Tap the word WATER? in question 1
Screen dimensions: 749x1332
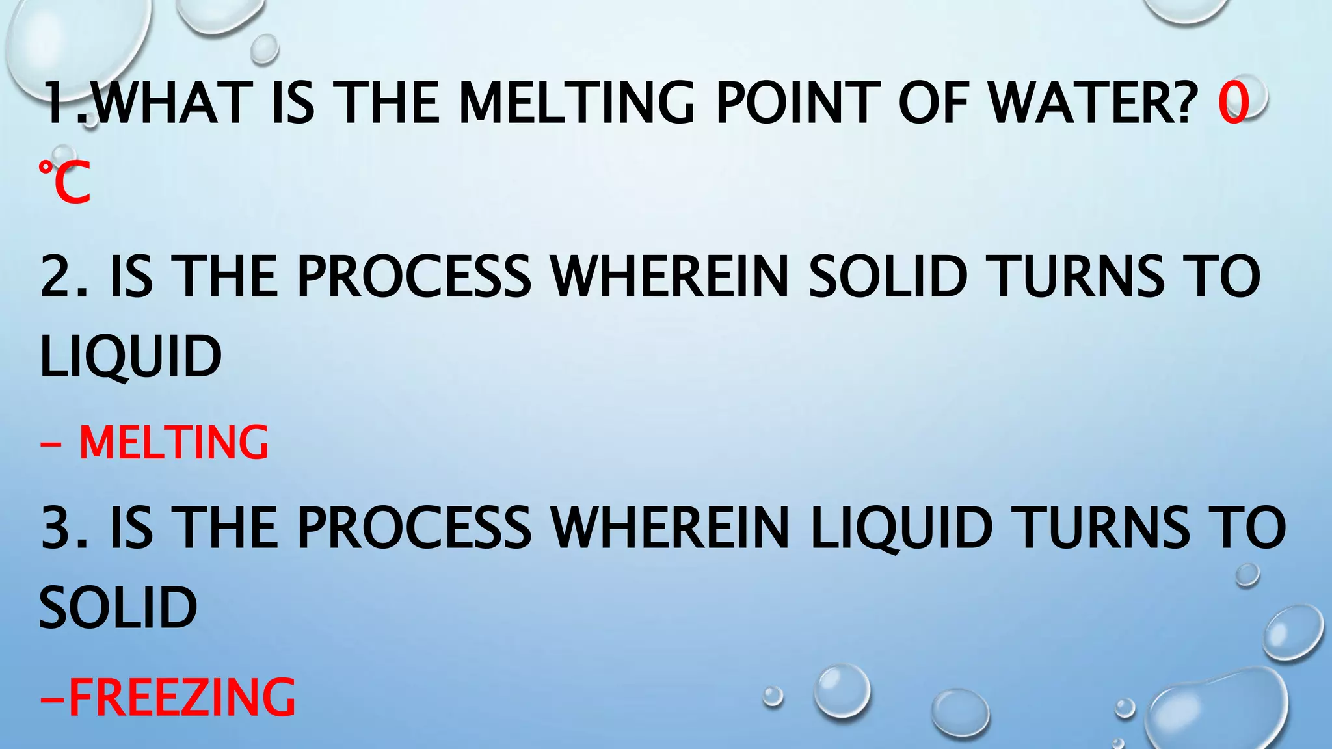[1093, 103]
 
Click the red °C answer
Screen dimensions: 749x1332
[64, 183]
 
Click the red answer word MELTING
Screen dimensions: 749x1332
[174, 443]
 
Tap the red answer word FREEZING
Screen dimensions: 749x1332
[181, 697]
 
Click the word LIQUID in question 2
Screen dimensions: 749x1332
[131, 357]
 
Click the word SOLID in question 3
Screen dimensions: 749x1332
[118, 608]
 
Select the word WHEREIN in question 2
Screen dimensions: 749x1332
[670, 276]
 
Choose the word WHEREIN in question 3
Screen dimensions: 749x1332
[670, 527]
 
